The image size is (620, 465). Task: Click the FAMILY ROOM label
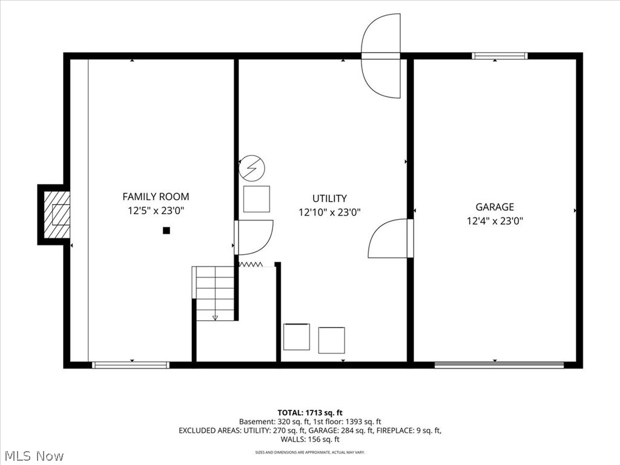(x=156, y=197)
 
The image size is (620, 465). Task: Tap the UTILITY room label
(x=329, y=199)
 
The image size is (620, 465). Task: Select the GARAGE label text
(x=495, y=207)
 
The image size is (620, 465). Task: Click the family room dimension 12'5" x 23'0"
(x=156, y=211)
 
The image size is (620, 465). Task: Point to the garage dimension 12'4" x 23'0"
(x=495, y=221)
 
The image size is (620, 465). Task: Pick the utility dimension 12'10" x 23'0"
(x=329, y=213)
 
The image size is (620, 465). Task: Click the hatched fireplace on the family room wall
(x=57, y=215)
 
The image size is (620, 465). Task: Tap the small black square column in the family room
(x=167, y=231)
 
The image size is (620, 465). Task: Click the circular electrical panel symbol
(x=252, y=168)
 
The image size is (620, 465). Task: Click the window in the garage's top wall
(x=500, y=56)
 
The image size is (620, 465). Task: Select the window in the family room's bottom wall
(x=131, y=365)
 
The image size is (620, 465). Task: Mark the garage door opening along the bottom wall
(x=499, y=365)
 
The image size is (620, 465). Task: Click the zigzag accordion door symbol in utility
(x=251, y=264)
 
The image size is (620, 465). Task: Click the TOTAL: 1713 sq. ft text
(x=310, y=413)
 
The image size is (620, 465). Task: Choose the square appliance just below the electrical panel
(x=257, y=199)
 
